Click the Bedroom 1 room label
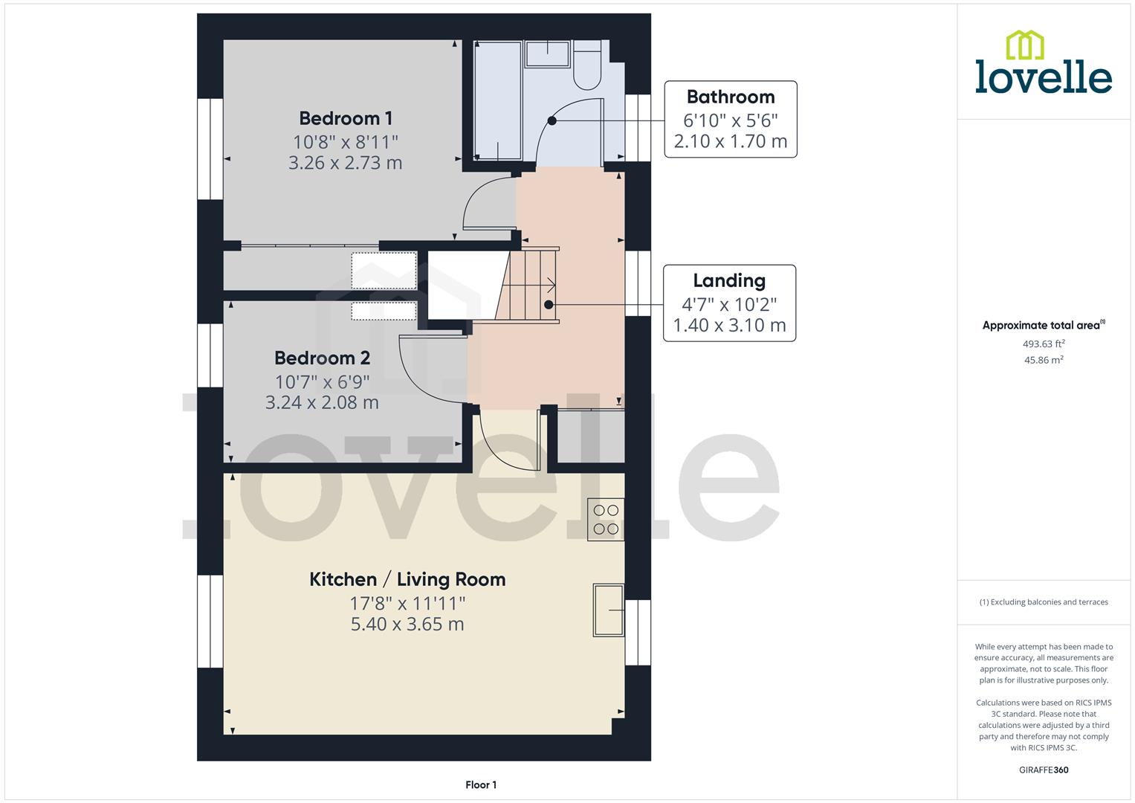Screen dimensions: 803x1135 [346, 118]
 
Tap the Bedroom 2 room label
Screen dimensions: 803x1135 [322, 358]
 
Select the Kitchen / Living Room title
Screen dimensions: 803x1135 [407, 579]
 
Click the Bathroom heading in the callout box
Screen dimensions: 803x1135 [730, 97]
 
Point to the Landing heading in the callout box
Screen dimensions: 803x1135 [728, 280]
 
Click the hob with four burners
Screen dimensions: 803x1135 [606, 519]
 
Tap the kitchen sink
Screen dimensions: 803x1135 [608, 610]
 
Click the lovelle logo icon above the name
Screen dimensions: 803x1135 [1024, 45]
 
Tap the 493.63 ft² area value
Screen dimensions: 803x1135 [1044, 344]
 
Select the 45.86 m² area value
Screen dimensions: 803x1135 [1044, 360]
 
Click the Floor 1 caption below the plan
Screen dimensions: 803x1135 [481, 784]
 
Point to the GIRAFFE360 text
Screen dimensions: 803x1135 [1044, 770]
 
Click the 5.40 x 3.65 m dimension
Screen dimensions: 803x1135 [407, 624]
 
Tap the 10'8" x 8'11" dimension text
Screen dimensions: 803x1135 [346, 141]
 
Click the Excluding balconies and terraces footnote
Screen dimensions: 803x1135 [1044, 602]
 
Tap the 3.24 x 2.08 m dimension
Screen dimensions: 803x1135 [322, 402]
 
